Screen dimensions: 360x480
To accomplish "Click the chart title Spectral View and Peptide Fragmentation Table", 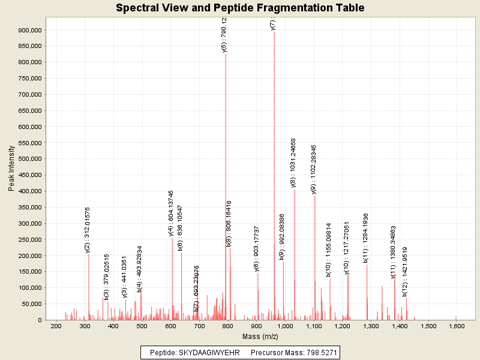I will pyautogui.click(x=240, y=8).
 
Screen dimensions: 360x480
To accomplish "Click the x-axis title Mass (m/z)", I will pyautogui.click(x=256, y=336).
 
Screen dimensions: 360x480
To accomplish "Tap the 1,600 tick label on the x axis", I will pyautogui.click(x=457, y=326).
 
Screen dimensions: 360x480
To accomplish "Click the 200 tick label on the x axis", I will pyautogui.click(x=56, y=326).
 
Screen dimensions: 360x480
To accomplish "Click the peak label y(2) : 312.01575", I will pyautogui.click(x=88, y=230).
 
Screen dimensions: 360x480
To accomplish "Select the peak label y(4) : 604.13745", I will pyautogui.click(x=171, y=213).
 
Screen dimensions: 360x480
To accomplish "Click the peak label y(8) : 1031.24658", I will pyautogui.click(x=293, y=163).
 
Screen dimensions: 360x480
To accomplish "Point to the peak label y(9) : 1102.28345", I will pyautogui.click(x=314, y=169).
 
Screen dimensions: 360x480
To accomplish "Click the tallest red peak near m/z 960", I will pyautogui.click(x=274, y=180).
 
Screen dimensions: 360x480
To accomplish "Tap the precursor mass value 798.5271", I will pyautogui.click(x=317, y=352).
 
